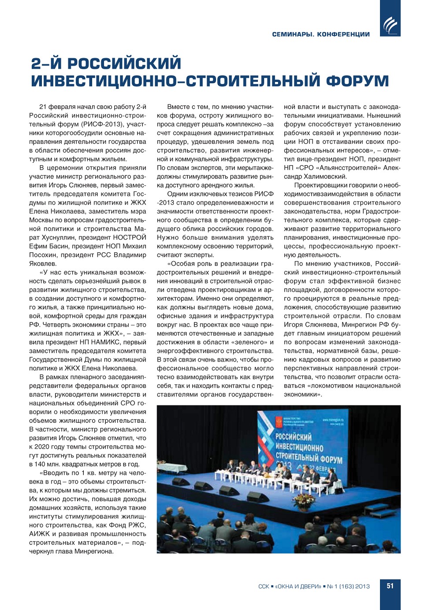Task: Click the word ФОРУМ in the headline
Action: pos(358,81)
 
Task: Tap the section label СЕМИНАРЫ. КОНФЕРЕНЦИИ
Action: pos(321,34)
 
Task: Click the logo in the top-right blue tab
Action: pos(390,25)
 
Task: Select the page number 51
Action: pos(390,586)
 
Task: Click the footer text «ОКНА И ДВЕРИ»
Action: pos(298,586)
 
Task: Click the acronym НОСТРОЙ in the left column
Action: pos(130,237)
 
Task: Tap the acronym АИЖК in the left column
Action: pos(40,534)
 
